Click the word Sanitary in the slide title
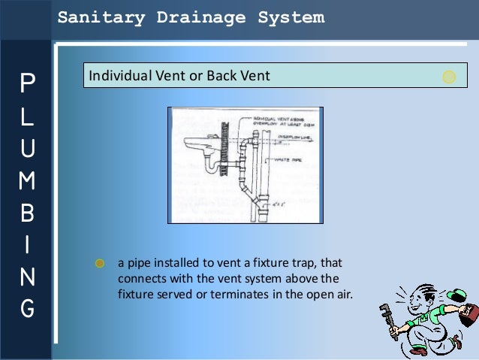pyautogui.click(x=92, y=17)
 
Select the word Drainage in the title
pyautogui.click(x=187, y=17)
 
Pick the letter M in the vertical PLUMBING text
pyautogui.click(x=26, y=180)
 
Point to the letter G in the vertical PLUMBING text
pyautogui.click(x=26, y=308)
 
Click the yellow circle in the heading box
pyautogui.click(x=449, y=77)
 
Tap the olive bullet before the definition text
pyautogui.click(x=99, y=264)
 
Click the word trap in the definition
pyautogui.click(x=297, y=264)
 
